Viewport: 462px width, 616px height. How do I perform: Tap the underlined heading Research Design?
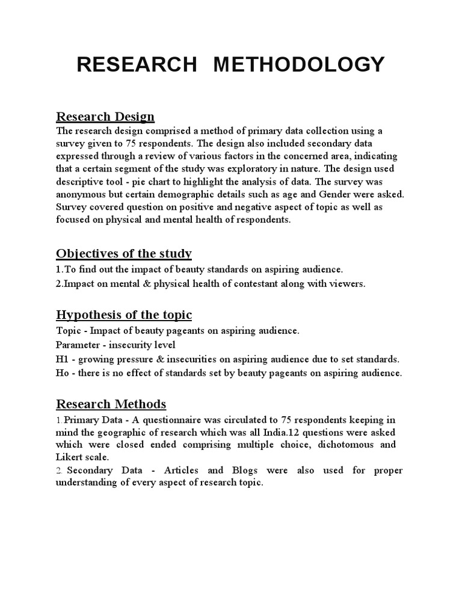tap(105, 116)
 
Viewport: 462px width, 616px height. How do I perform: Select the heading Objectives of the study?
tap(124, 253)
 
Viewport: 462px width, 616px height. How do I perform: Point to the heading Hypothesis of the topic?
tap(124, 315)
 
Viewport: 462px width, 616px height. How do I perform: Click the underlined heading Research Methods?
tap(111, 404)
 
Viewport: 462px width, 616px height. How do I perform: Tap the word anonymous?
tap(80, 195)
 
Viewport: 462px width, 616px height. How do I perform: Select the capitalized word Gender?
tap(340, 195)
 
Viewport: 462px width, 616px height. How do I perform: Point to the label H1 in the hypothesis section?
tap(63, 360)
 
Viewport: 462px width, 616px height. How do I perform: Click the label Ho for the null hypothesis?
tap(63, 373)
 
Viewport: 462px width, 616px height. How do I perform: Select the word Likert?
tap(70, 458)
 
